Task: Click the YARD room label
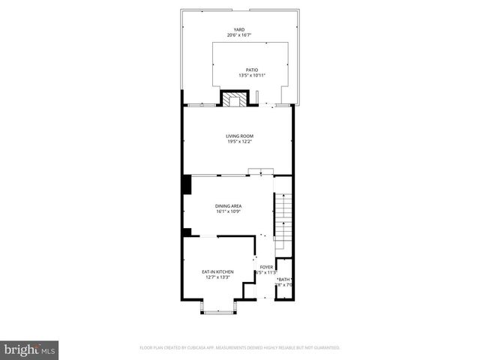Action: coord(239,29)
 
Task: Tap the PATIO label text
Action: coord(241,70)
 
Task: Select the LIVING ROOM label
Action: coord(239,136)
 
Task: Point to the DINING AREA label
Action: coord(229,205)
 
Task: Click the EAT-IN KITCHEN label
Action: coord(217,271)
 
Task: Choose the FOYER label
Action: coord(266,267)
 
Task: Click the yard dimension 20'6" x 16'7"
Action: coord(239,35)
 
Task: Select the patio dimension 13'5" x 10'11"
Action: coord(241,76)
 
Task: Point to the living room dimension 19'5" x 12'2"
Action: coord(239,142)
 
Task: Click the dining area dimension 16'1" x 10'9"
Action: coord(229,211)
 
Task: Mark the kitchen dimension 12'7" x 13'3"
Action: coord(217,277)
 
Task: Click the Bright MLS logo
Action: coord(29,349)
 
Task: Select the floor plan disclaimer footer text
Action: coord(240,347)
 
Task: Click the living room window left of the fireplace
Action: coord(200,105)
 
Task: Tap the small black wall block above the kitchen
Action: coord(187,232)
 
